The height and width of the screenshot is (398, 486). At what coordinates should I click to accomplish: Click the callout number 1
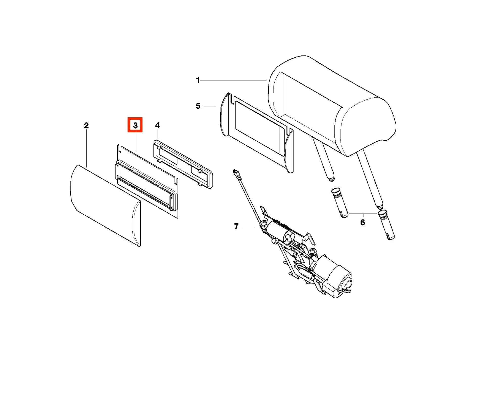pyautogui.click(x=198, y=80)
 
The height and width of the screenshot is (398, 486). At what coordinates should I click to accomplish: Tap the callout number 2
pyautogui.click(x=86, y=125)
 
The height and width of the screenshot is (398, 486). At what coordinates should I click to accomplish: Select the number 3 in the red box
pyautogui.click(x=135, y=125)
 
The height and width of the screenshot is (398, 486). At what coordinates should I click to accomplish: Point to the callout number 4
pyautogui.click(x=157, y=125)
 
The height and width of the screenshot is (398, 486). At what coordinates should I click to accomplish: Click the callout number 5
pyautogui.click(x=198, y=106)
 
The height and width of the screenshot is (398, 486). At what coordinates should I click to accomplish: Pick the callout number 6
pyautogui.click(x=363, y=222)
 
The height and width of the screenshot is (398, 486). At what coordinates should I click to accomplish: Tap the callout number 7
pyautogui.click(x=236, y=226)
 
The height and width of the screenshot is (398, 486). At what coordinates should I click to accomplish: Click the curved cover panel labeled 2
pyautogui.click(x=106, y=206)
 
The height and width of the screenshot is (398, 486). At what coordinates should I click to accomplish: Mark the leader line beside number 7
pyautogui.click(x=248, y=227)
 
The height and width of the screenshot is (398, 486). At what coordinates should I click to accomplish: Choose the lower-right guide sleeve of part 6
pyautogui.click(x=386, y=225)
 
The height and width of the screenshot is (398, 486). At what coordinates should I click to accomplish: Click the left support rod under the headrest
pyautogui.click(x=324, y=160)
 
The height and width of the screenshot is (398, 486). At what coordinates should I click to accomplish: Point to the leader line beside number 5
pyautogui.click(x=209, y=106)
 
